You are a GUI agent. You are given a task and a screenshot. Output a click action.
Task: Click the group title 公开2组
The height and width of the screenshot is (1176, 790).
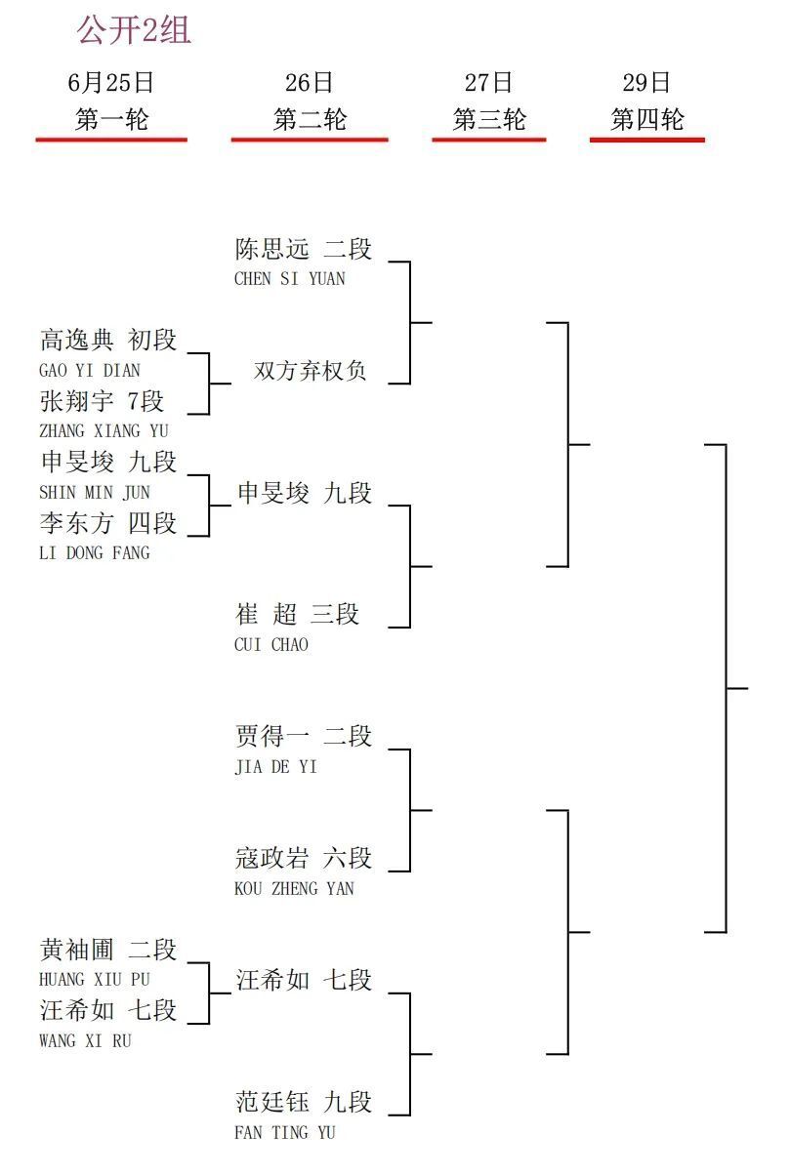pyautogui.click(x=134, y=30)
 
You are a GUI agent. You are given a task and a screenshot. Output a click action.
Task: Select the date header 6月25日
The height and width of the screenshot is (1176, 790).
pyautogui.click(x=110, y=82)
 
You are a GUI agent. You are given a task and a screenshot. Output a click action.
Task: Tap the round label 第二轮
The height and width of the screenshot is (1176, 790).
pyautogui.click(x=310, y=119)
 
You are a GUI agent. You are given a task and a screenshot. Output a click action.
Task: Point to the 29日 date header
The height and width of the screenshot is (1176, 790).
pyautogui.click(x=646, y=82)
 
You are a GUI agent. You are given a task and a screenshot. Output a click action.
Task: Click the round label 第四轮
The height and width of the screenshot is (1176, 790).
pyautogui.click(x=647, y=119)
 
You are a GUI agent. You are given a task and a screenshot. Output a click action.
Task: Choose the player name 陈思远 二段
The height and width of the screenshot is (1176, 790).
pyautogui.click(x=303, y=249)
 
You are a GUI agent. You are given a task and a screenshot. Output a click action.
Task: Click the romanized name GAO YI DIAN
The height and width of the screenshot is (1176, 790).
pyautogui.click(x=90, y=370)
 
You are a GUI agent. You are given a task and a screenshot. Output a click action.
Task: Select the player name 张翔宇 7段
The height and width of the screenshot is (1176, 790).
pyautogui.click(x=102, y=400)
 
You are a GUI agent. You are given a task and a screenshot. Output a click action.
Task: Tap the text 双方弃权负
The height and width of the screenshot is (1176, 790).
pyautogui.click(x=310, y=371)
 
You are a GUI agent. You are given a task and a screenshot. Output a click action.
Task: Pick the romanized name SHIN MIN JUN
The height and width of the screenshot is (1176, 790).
pyautogui.click(x=95, y=492)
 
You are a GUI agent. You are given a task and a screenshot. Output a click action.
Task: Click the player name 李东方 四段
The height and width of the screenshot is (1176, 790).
pyautogui.click(x=108, y=522)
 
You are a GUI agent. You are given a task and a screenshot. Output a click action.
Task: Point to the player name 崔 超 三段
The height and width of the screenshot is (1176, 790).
pyautogui.click(x=297, y=614)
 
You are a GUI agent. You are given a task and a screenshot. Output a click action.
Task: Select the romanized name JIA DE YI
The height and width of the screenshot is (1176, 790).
pyautogui.click(x=275, y=766)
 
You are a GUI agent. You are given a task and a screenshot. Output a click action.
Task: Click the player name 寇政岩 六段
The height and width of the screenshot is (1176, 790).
pyautogui.click(x=303, y=857)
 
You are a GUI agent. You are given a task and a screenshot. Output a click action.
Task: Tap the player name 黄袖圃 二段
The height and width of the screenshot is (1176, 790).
pyautogui.click(x=108, y=949)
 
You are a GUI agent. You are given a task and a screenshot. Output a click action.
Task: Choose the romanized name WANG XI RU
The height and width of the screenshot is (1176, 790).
pyautogui.click(x=85, y=1040)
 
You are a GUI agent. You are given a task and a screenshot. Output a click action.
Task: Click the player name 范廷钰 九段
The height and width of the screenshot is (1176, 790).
pyautogui.click(x=303, y=1101)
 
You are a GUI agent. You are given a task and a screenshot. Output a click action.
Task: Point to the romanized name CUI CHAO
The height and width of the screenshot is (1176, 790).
pyautogui.click(x=271, y=644)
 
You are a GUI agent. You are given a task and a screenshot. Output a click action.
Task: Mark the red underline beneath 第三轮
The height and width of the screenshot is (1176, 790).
pyautogui.click(x=489, y=140)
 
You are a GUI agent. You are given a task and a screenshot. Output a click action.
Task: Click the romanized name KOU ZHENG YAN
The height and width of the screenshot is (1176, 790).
pyautogui.click(x=294, y=888)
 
